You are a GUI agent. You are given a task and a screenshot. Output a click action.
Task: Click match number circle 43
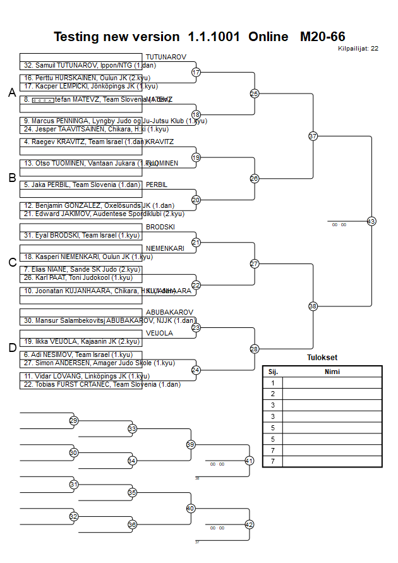tap(371, 221)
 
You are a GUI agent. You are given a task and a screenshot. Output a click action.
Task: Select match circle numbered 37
tap(313, 136)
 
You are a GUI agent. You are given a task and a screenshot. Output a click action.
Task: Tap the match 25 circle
tap(255, 94)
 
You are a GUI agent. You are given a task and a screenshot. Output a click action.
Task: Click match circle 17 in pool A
tap(196, 73)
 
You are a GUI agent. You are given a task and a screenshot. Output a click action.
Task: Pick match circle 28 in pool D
tap(255, 349)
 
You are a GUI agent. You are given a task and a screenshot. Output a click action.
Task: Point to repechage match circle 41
tap(249, 461)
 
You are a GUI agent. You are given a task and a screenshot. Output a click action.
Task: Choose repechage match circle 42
tap(249, 524)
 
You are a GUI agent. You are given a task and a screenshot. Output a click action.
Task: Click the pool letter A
tap(12, 93)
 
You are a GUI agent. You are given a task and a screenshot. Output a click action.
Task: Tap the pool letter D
tap(12, 348)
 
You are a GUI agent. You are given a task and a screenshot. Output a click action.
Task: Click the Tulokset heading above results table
tap(322, 358)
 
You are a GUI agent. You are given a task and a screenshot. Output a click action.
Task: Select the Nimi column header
tap(332, 372)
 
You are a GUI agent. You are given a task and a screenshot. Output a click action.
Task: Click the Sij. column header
tap(272, 372)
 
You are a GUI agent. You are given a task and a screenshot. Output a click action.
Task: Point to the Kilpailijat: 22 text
tap(358, 48)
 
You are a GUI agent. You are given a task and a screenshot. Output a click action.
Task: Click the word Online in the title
tap(268, 37)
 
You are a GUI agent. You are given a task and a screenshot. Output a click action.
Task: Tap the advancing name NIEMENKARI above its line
tap(165, 248)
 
